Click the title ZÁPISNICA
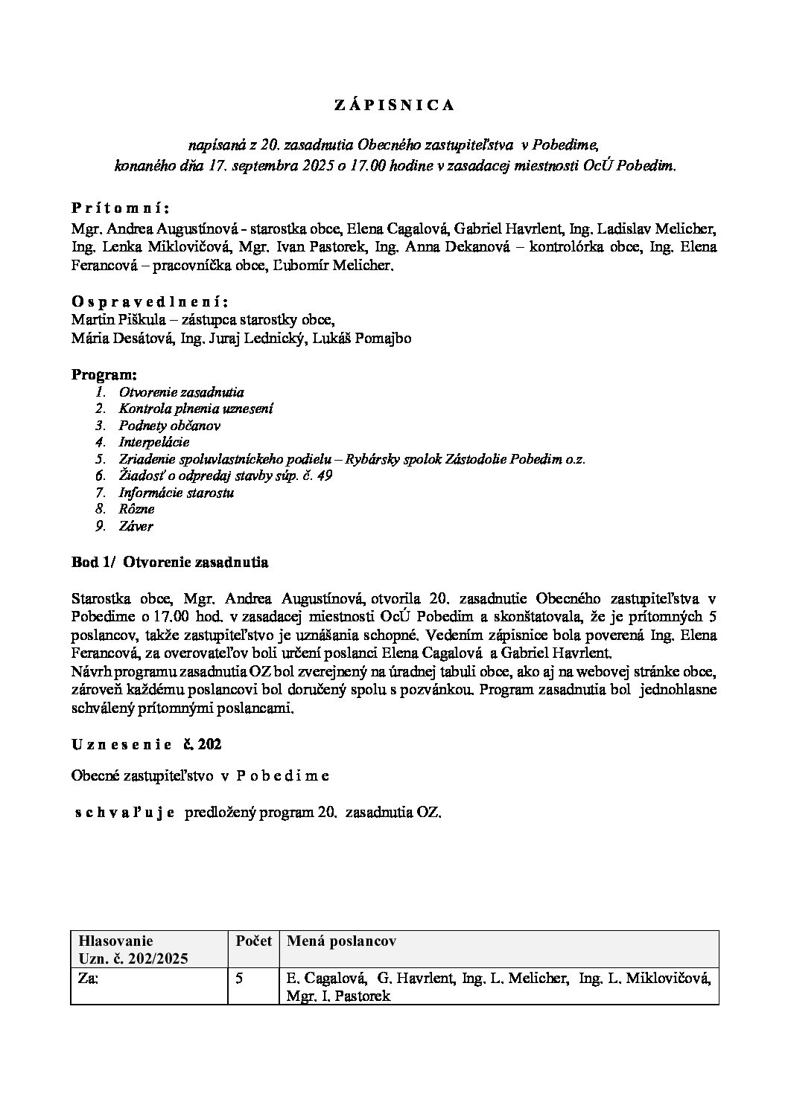point(393,106)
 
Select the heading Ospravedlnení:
point(150,301)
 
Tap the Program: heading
point(104,374)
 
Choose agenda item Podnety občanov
point(169,426)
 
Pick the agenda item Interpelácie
point(154,442)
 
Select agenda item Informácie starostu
point(177,493)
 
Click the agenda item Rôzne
point(136,509)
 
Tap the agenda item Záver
point(136,526)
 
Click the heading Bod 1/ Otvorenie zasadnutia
point(170,563)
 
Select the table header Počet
point(253,941)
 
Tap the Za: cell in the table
point(88,979)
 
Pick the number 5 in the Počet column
point(239,979)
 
